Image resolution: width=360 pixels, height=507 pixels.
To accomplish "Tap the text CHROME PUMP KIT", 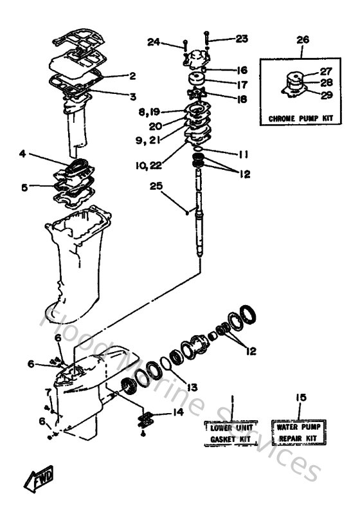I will [x=301, y=120].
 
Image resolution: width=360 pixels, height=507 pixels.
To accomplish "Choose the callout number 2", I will [x=132, y=76].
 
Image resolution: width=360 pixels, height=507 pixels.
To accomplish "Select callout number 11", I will [x=241, y=154].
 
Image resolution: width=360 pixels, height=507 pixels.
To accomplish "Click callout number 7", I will [x=47, y=391].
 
